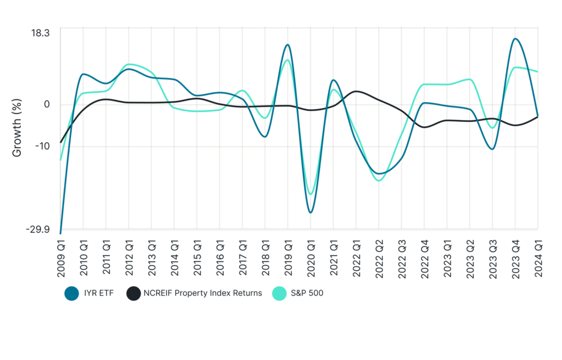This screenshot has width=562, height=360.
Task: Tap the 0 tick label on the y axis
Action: coord(47,104)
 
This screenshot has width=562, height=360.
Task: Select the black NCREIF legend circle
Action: coord(133,293)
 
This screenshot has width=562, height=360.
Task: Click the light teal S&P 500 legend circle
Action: coord(279,293)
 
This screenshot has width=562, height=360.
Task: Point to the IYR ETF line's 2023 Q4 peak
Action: coord(515,38)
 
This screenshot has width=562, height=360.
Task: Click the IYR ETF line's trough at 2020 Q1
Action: coord(311,212)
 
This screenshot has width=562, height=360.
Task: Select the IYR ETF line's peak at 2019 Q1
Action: coord(288,44)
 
